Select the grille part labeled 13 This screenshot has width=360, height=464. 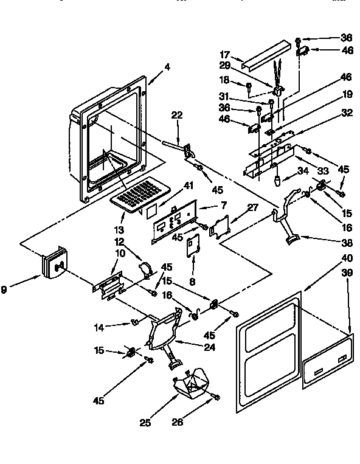tap(137, 195)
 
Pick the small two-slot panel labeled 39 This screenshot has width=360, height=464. tap(328, 362)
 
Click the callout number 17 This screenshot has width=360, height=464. tap(224, 54)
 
